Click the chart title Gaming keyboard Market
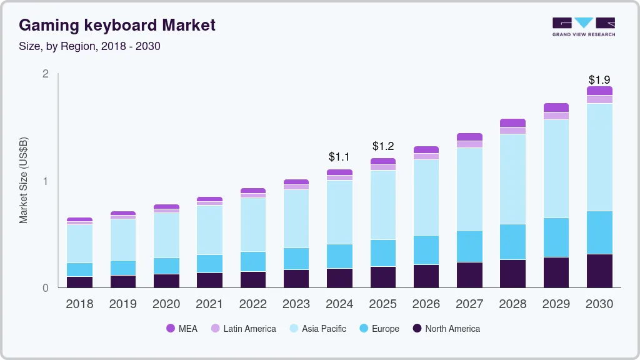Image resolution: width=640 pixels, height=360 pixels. [x=117, y=25]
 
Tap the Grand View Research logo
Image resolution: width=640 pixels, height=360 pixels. [x=583, y=26]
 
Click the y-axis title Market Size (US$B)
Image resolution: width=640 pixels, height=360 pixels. [x=24, y=181]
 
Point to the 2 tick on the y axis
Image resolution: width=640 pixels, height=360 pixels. [x=45, y=74]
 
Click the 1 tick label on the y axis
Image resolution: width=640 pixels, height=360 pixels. [x=45, y=181]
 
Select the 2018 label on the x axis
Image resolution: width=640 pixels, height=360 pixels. [x=79, y=304]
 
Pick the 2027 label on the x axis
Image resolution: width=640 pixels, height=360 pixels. [x=469, y=304]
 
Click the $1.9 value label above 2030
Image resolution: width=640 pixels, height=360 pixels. [x=600, y=80]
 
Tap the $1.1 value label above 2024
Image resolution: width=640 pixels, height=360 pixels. [x=339, y=157]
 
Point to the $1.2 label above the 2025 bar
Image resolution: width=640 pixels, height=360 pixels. [x=383, y=146]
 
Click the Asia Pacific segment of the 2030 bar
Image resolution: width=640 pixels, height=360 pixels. [x=600, y=157]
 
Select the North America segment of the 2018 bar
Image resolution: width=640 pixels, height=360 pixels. [x=79, y=282]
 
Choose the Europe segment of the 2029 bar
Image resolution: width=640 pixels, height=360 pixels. [x=556, y=237]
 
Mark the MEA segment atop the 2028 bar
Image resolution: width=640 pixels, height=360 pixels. [x=513, y=122]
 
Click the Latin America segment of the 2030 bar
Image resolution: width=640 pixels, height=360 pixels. [x=600, y=99]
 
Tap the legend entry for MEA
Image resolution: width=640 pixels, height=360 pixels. [x=182, y=329]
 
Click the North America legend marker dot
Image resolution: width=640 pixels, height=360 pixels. [x=417, y=329]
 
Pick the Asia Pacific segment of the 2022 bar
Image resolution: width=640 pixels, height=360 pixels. [x=253, y=224]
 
